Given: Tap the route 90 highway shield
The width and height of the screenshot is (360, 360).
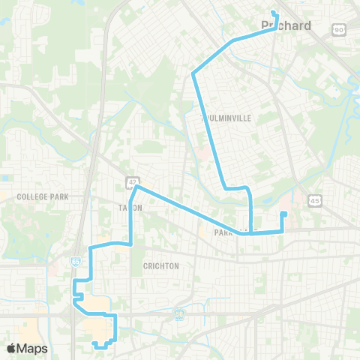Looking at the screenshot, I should (340, 29).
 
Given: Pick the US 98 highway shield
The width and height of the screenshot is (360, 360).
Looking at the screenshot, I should (179, 314).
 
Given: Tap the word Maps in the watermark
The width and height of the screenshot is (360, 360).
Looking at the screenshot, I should (32, 348).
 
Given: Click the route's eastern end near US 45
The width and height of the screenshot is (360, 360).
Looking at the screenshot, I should (283, 214).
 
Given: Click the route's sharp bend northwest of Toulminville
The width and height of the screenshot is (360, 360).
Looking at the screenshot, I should (193, 73).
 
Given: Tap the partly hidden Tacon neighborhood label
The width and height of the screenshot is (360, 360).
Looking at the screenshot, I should (124, 207).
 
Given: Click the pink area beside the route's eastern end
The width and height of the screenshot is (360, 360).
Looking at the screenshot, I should (292, 201).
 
